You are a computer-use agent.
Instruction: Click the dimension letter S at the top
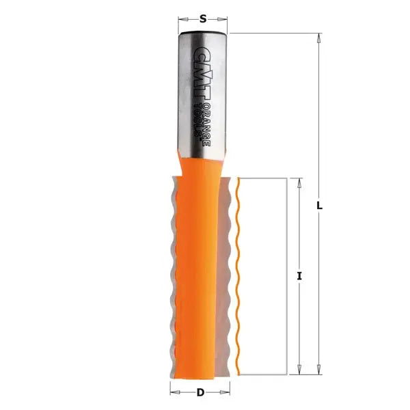pos(203,18)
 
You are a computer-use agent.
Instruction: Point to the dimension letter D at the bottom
pos(200,393)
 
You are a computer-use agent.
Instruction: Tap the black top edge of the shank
pos(203,32)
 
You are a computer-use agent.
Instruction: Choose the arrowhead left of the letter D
pos(174,393)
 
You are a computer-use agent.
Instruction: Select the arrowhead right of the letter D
pos(226,393)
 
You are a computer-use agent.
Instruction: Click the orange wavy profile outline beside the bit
pos(237,273)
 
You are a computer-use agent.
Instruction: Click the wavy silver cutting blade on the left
pos(171,273)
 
